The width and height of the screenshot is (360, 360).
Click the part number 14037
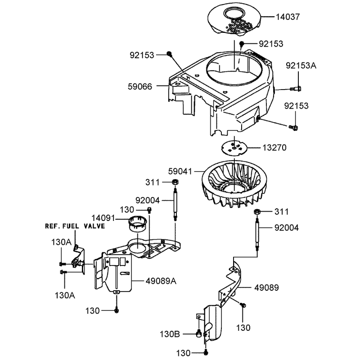288,17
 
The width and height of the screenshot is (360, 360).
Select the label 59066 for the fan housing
140,86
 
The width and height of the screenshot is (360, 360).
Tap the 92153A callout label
301,66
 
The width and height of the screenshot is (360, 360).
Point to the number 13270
274,148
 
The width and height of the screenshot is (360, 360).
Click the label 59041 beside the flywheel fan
180,171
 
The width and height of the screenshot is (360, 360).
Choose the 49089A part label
161,281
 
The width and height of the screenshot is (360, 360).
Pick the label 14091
103,218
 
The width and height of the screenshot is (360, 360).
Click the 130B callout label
170,334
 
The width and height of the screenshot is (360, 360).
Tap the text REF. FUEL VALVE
75,226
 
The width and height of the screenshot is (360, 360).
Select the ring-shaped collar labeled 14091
137,224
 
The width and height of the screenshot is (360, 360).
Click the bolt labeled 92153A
296,89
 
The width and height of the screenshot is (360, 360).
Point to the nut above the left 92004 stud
175,182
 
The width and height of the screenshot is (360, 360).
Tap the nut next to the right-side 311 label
257,211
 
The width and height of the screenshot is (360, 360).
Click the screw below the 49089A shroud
117,310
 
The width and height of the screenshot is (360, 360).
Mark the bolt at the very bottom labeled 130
206,352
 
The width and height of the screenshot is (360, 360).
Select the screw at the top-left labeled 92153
170,54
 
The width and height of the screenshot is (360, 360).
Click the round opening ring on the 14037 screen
234,14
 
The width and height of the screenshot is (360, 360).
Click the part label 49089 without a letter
266,288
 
